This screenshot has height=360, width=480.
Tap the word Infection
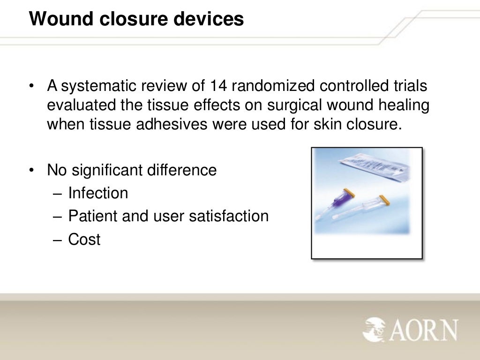point(98,193)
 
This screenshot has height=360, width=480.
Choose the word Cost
point(84,240)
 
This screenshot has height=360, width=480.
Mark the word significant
point(109,170)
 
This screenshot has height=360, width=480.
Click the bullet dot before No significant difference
point(31,170)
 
